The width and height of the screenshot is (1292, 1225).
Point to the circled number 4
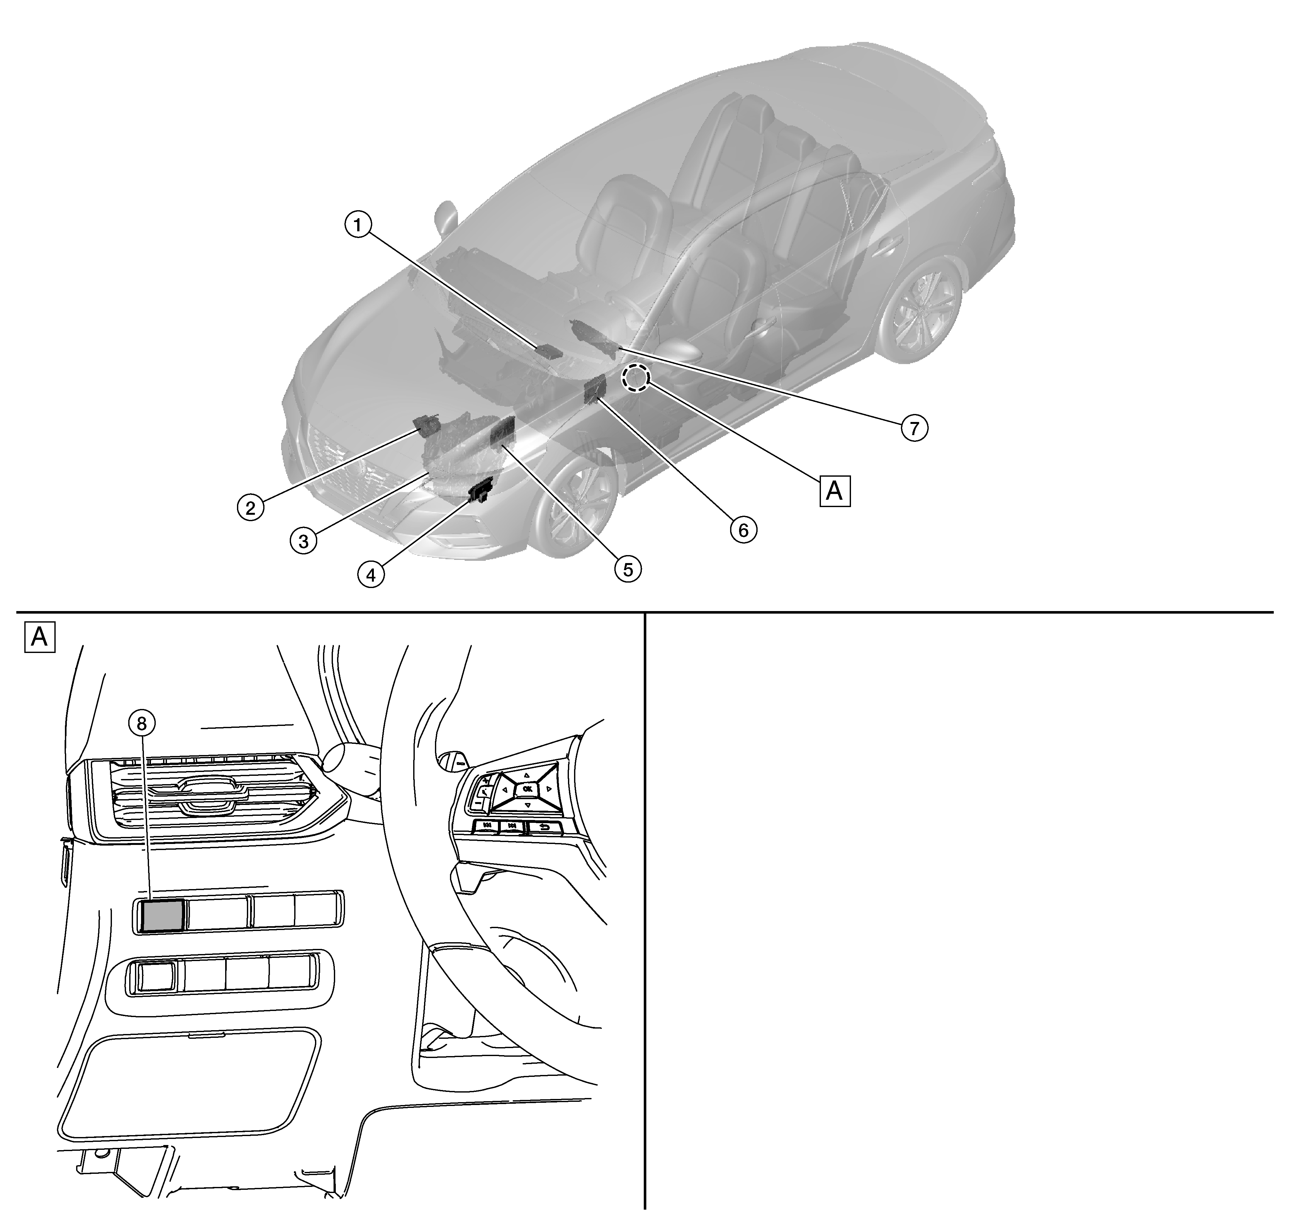coord(371,575)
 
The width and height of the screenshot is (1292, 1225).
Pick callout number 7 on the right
coord(915,428)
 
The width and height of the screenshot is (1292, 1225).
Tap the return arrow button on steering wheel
coord(543,828)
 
